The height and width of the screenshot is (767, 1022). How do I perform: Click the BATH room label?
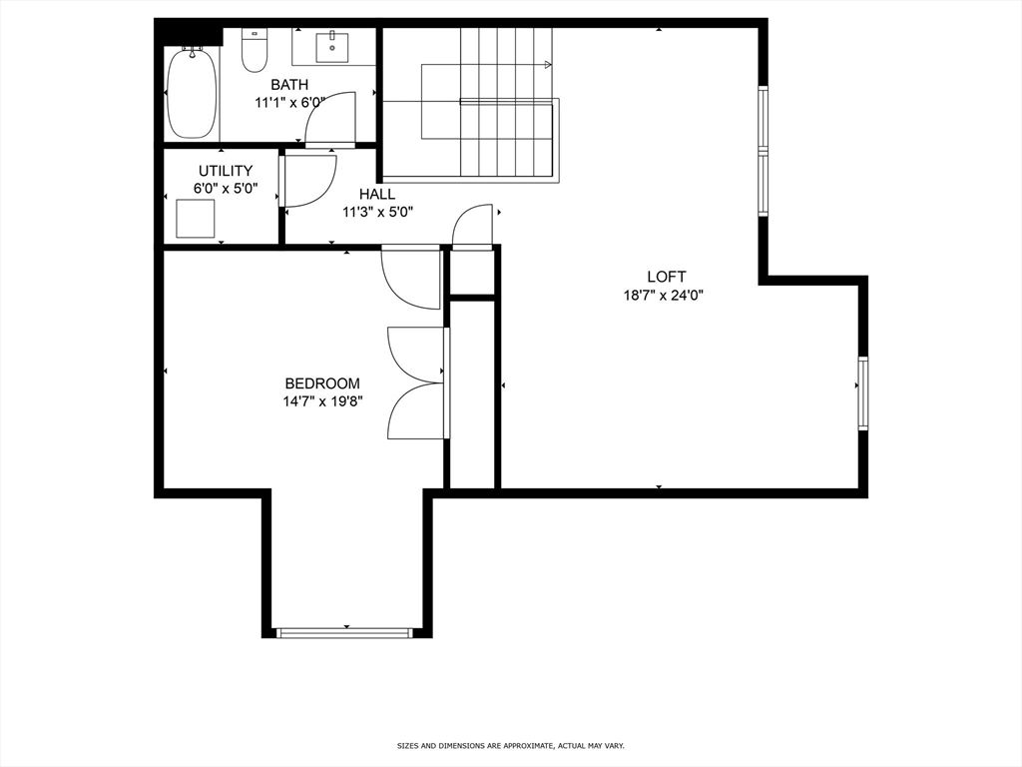click(x=289, y=85)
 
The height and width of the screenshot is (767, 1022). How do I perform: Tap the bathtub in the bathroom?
click(x=192, y=92)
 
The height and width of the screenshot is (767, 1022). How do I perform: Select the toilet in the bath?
click(x=255, y=50)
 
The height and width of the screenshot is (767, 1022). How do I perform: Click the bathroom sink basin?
click(x=332, y=46)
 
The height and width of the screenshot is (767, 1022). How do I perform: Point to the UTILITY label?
click(x=226, y=171)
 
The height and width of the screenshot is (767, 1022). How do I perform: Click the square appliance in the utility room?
click(x=195, y=219)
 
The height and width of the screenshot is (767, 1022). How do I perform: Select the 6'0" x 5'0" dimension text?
click(x=226, y=189)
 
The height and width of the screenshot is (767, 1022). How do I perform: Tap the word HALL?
click(x=376, y=195)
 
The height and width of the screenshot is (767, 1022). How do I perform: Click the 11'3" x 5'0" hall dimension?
click(x=378, y=212)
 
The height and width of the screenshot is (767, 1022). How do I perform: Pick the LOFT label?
click(x=666, y=277)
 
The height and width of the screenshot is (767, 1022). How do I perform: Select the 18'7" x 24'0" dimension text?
click(x=664, y=295)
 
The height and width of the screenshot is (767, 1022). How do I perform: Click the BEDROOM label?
click(x=322, y=383)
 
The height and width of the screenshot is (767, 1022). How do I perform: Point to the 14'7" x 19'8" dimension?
click(x=322, y=401)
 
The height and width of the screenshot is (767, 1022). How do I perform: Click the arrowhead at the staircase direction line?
click(x=548, y=65)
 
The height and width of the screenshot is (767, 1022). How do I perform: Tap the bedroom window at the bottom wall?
click(x=343, y=632)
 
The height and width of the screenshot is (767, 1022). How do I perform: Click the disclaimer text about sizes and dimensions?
click(x=511, y=745)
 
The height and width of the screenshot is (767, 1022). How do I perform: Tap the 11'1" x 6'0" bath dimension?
click(x=289, y=103)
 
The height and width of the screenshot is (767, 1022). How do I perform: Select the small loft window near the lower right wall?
click(x=863, y=393)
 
